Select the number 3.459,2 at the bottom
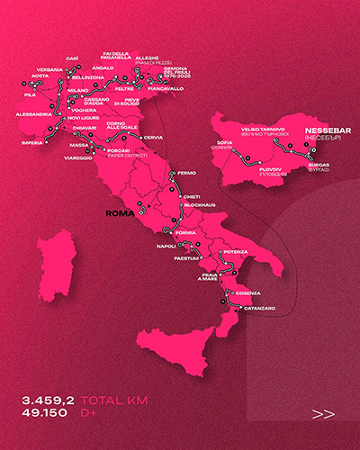click(x=49, y=399)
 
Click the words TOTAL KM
click(x=115, y=399)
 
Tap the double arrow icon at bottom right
click(x=322, y=414)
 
